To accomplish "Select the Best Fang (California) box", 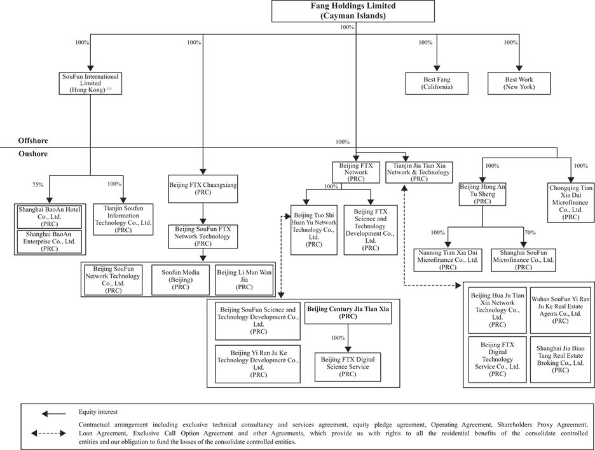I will coord(437,83).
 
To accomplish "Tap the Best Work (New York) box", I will coord(519,83).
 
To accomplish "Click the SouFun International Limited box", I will coord(90,83).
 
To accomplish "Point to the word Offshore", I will coord(33,140).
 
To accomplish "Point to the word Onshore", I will coord(33,154).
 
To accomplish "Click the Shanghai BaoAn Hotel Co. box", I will coord(49,215).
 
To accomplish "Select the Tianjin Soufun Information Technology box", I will coord(123,219).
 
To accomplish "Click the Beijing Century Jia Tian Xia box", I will coord(347,312).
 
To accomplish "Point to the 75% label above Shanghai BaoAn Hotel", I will coord(38,185).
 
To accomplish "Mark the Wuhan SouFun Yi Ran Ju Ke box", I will coord(560,309).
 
